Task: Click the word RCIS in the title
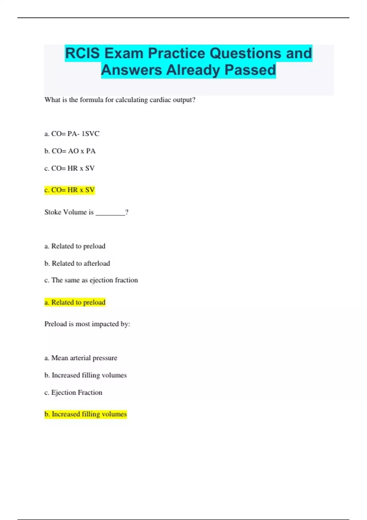(x=82, y=53)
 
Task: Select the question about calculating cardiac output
(x=120, y=100)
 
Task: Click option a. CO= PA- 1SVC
(x=72, y=134)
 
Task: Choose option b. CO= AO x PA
(x=70, y=151)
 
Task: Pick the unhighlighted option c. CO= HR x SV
(x=69, y=168)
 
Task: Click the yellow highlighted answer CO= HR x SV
(x=70, y=190)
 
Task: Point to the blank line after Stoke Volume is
(x=110, y=213)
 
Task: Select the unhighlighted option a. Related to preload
(x=75, y=246)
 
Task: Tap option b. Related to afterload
(x=77, y=263)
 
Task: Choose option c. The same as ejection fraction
(x=91, y=280)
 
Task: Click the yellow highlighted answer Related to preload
(x=75, y=302)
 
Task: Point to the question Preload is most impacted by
(x=87, y=324)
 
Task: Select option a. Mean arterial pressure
(x=81, y=358)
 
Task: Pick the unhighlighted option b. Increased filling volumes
(x=85, y=375)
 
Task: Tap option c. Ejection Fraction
(x=73, y=392)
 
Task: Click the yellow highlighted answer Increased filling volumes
(x=86, y=414)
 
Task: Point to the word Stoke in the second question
(x=53, y=212)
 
